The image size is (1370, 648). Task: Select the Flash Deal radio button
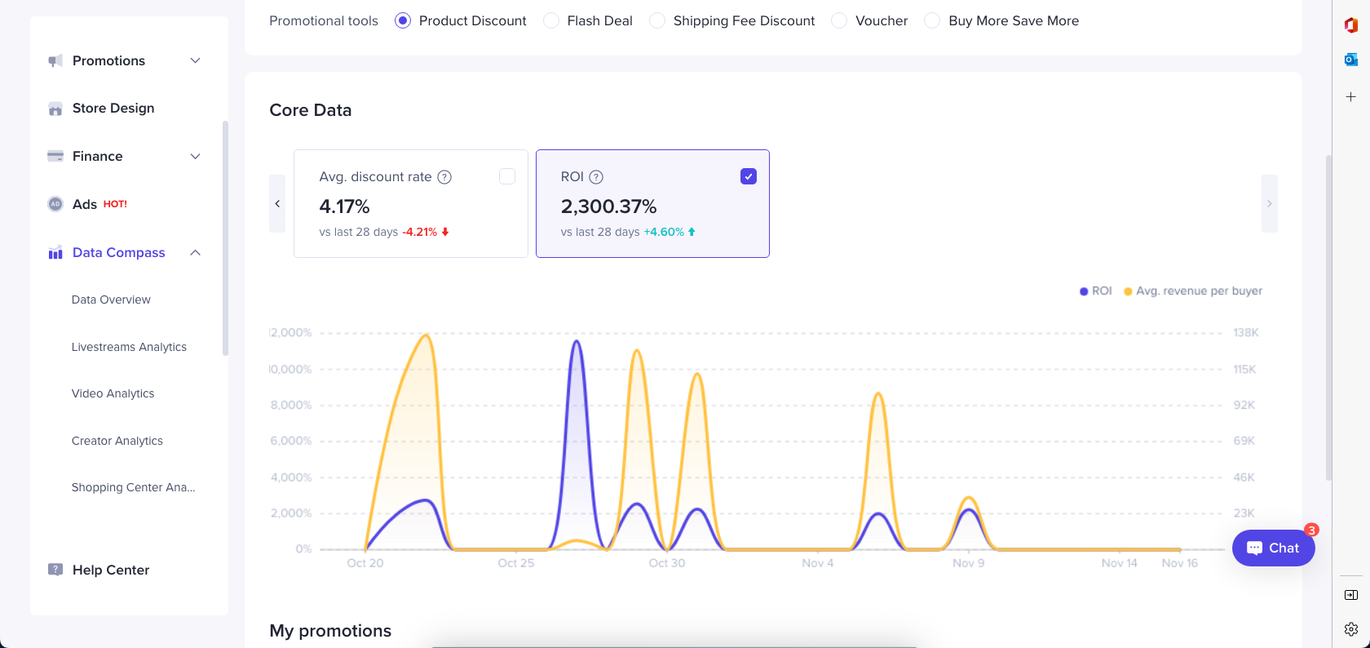pos(552,20)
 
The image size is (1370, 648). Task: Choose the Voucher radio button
pos(839,20)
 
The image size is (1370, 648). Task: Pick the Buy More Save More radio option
pos(932,20)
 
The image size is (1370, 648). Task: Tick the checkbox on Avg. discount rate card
pos(507,176)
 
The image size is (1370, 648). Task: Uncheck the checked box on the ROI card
pos(749,176)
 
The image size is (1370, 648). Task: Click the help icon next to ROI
pos(596,177)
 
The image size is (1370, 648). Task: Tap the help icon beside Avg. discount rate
pos(444,177)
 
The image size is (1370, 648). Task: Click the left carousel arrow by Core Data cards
pos(277,203)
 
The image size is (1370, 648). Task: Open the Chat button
pos(1273,548)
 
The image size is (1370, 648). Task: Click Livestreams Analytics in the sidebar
pos(129,347)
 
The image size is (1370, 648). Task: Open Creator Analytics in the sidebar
pos(117,441)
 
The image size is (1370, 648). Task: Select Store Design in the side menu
pos(113,108)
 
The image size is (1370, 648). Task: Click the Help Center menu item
pos(110,570)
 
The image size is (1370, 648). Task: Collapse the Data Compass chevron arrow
pos(196,252)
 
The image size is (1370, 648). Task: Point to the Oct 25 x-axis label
pos(516,563)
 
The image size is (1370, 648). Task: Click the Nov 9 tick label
pos(968,563)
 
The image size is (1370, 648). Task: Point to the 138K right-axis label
pos(1245,332)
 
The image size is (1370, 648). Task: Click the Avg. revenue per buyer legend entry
pos(1198,291)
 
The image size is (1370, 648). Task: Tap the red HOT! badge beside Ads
pos(115,204)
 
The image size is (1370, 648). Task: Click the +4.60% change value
pos(664,232)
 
